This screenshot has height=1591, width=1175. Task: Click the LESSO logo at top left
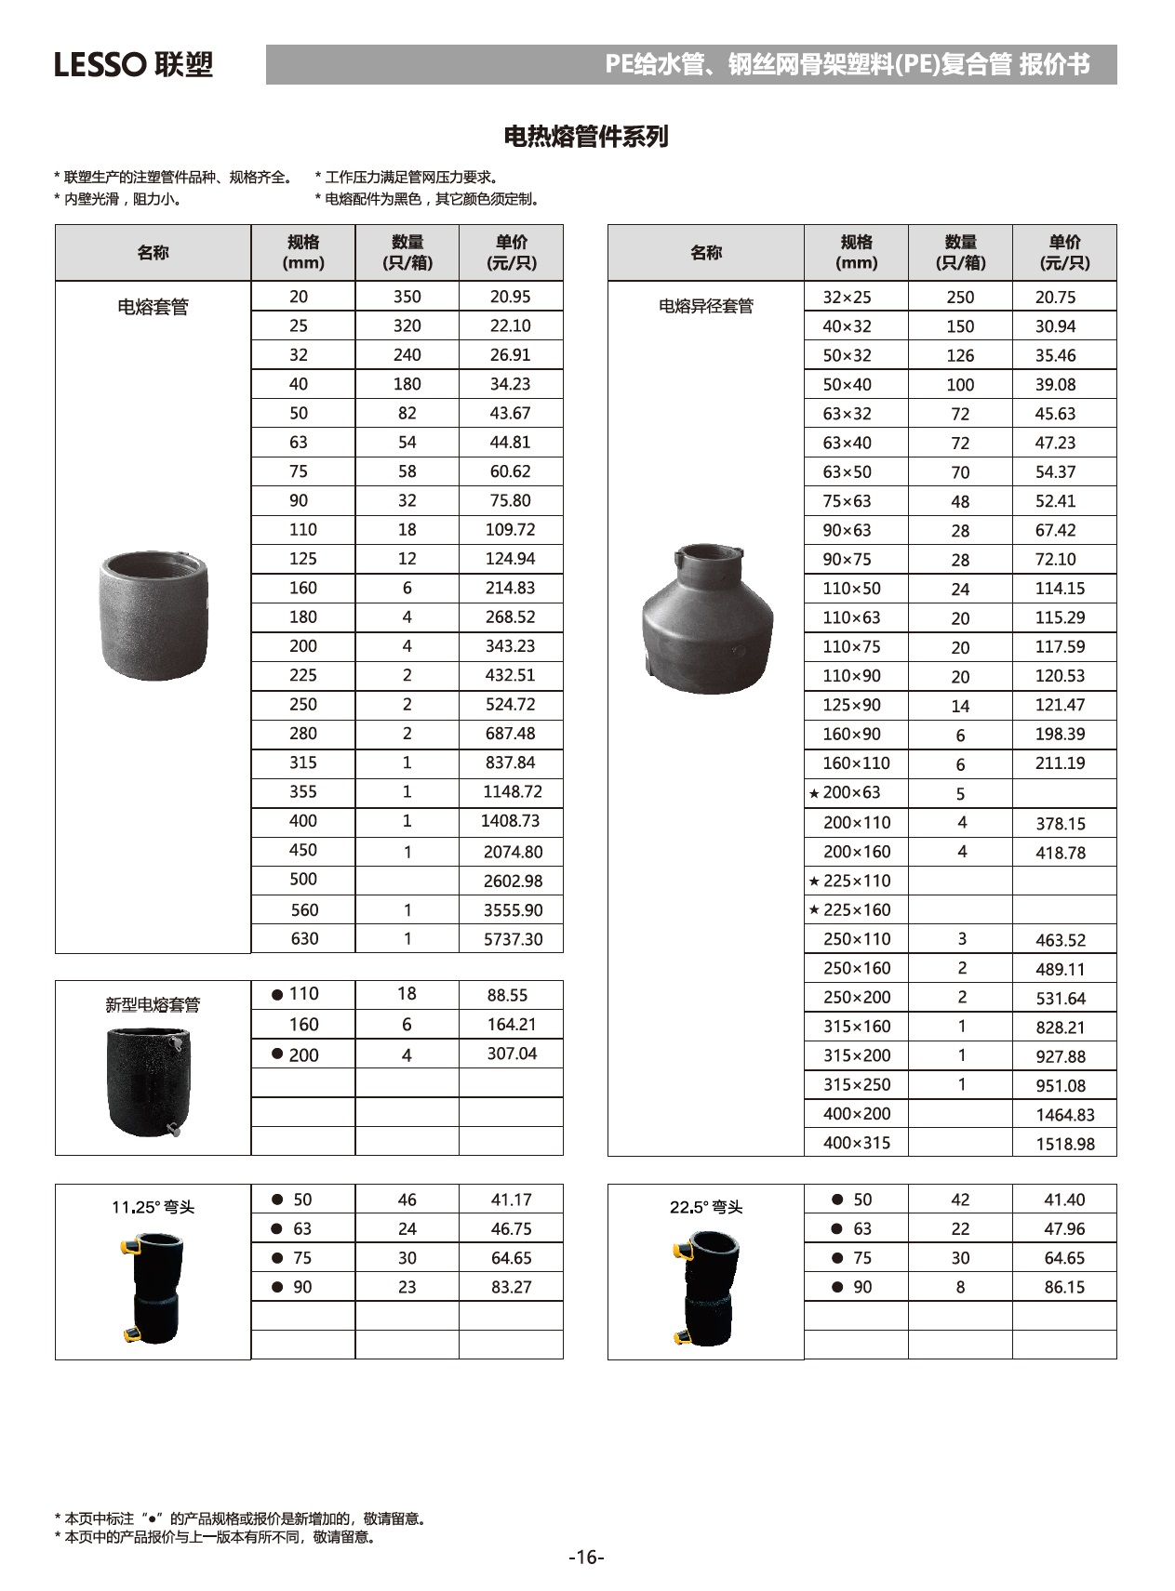133,64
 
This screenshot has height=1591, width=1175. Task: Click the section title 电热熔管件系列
586,137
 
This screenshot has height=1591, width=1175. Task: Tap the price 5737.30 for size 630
513,939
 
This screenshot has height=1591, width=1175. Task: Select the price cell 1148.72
512,792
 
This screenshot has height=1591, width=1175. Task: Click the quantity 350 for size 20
407,297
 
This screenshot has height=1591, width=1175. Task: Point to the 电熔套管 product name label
153,307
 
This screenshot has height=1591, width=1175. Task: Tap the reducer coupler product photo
707,617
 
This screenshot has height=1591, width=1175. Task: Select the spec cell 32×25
847,298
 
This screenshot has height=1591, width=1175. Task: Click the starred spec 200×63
845,793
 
